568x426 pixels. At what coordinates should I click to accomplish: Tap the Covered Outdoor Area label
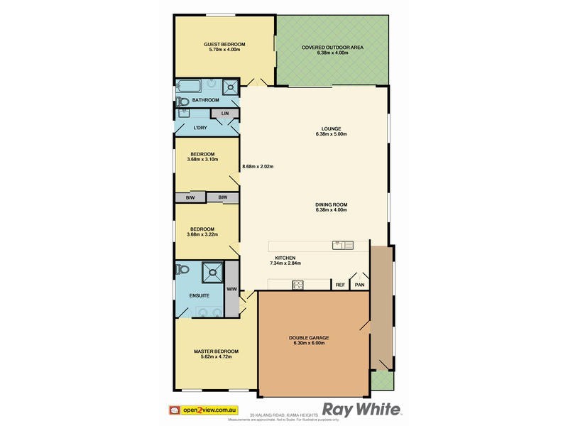tap(332, 48)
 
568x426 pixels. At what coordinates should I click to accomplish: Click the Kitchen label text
tap(285, 258)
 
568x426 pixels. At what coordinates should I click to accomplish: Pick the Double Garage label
tap(308, 338)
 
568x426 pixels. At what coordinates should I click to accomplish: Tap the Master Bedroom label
tap(216, 351)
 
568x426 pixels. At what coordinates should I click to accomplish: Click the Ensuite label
tap(198, 295)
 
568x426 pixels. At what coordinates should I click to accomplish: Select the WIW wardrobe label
tap(231, 290)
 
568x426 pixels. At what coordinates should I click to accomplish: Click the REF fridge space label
tap(340, 285)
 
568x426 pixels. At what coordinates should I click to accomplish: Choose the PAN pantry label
tap(360, 285)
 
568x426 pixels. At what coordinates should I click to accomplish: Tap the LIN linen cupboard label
tap(225, 114)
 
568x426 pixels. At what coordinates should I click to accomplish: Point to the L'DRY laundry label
tap(201, 128)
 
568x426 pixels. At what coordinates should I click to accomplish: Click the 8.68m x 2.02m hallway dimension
tap(258, 166)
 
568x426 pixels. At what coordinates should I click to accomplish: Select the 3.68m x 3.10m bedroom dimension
tap(202, 159)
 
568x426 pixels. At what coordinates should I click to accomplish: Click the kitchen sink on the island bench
tap(342, 246)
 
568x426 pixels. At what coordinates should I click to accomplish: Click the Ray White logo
tap(362, 410)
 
